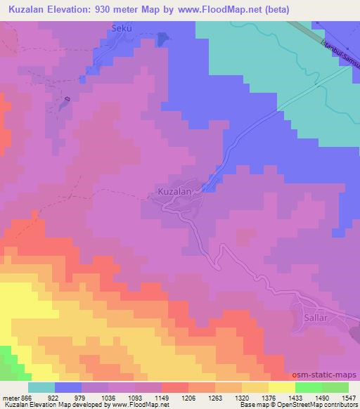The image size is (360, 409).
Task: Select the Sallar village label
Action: pos(316,318)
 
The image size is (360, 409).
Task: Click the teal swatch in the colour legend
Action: pos(41,387)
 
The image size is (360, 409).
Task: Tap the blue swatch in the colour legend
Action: pos(68,387)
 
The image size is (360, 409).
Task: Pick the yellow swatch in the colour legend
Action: pos(282,387)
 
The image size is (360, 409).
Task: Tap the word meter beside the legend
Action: pos(11,398)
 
